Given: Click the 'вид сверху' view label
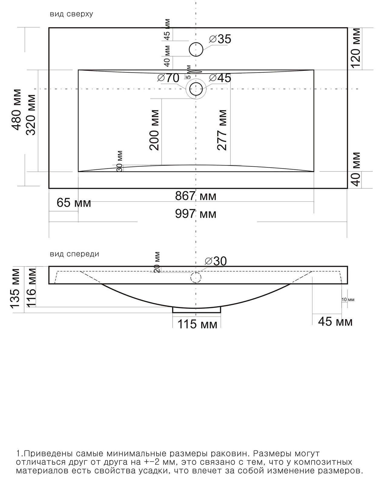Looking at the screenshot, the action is point(71,14).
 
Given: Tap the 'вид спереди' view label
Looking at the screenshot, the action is point(74,254).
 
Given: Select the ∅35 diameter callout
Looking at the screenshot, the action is point(220,39).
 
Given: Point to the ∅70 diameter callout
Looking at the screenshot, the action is point(168,78).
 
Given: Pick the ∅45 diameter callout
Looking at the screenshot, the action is point(220,78).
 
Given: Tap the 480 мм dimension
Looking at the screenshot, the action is point(16,110).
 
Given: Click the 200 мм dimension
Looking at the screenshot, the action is point(154,130).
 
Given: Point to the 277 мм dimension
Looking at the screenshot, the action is point(222,130).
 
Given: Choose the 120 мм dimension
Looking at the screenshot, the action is point(355,48).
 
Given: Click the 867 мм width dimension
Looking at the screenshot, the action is point(196,196).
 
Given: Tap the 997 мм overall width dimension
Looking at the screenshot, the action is point(196,214).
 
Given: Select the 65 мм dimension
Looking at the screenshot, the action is point(74,203).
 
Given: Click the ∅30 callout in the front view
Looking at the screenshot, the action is point(216,261).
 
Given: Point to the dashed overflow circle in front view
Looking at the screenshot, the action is point(196,272).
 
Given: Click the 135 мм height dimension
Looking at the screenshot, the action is point(16,289).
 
